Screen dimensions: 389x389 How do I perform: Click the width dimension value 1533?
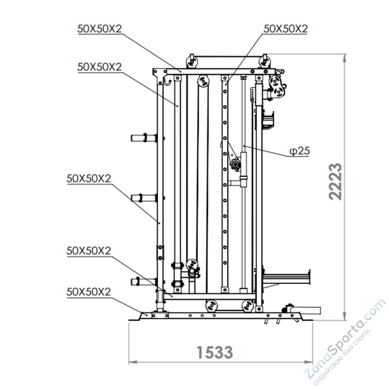click(215, 352)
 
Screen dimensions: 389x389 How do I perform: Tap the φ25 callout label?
click(300, 151)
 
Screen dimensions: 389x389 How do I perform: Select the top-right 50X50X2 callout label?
click(286, 29)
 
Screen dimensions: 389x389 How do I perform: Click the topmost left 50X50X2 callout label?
click(99, 29)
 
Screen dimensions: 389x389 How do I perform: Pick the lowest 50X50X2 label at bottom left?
click(88, 292)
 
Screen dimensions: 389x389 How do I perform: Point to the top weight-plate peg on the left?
click(144, 138)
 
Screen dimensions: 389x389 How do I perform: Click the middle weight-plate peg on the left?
click(144, 198)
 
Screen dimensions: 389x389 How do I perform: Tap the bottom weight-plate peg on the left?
click(144, 282)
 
